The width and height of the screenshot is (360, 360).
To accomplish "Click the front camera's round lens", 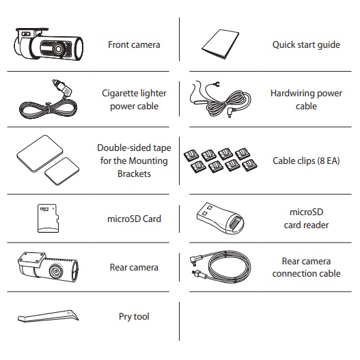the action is coord(57,49).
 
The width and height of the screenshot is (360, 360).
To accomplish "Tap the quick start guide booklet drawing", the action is coord(220,44).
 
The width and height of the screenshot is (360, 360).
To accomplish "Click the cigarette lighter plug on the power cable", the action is coord(62,87).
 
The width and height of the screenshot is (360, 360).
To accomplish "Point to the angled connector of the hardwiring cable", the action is coord(230,112).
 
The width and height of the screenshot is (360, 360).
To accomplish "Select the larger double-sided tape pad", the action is coord(40,154).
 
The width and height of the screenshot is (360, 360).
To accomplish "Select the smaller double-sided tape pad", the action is coord(62,171).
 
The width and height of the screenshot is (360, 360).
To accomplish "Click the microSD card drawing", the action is coord(48,219).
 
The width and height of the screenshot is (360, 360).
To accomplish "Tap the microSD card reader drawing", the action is coord(220,218).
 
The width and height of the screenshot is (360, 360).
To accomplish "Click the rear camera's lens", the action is coord(55,271).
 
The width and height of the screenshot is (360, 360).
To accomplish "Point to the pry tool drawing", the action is coord(48,316).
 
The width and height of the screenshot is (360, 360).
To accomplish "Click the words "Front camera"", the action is coord(134,44).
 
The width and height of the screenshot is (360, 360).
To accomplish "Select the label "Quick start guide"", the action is coord(306,45).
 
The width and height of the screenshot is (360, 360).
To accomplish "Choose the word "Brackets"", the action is coord(134,174).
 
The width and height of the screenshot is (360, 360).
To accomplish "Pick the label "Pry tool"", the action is coord(134,316).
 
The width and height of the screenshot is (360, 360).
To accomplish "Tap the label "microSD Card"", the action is coord(134,219).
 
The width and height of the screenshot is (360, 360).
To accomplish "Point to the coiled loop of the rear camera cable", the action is coord(230,268).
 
